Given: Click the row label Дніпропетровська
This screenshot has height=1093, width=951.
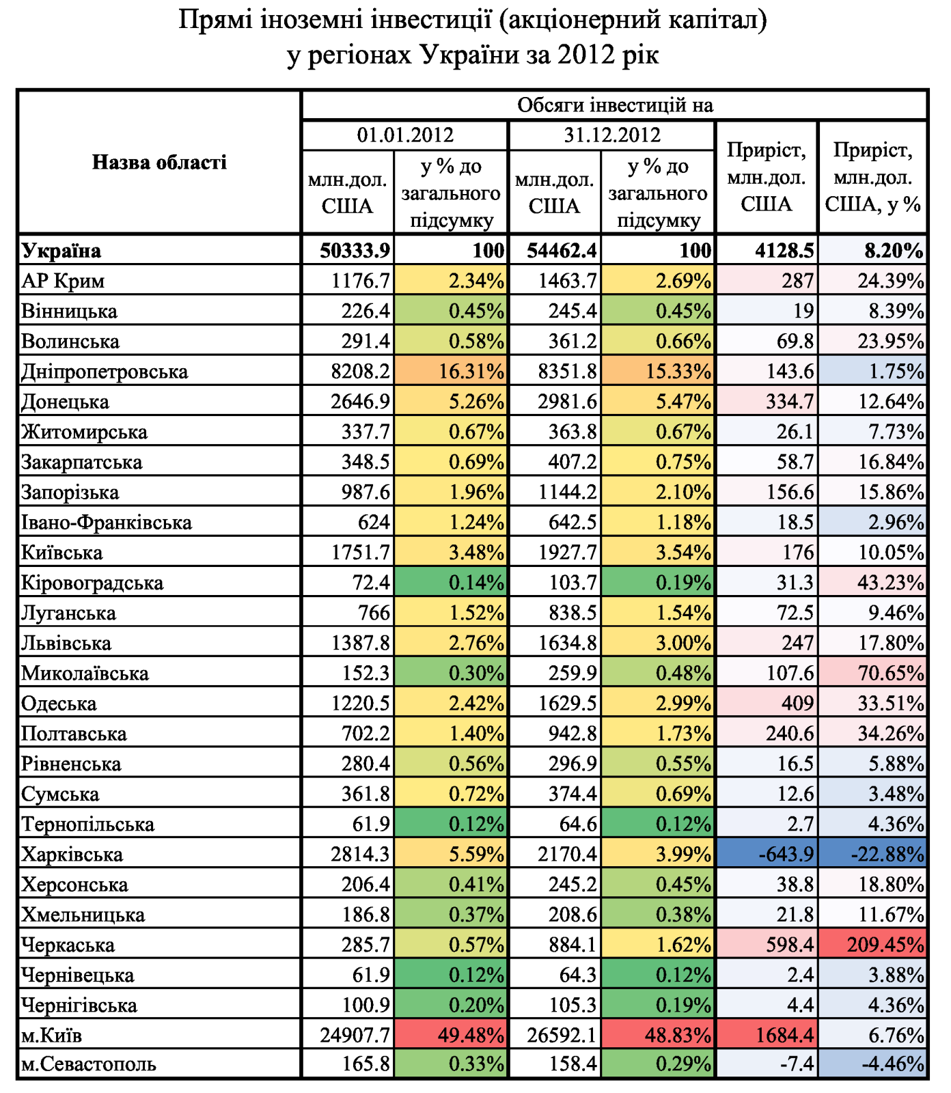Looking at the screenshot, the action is (x=105, y=372).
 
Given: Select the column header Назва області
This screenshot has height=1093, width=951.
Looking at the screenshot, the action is (x=159, y=162).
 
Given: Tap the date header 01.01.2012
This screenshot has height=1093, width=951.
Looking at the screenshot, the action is (x=405, y=135).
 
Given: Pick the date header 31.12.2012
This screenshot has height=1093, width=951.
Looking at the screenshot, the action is (x=612, y=135).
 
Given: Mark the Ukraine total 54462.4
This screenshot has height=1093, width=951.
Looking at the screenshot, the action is (x=562, y=251).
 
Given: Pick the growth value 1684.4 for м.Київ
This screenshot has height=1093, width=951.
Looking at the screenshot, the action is (x=785, y=1036).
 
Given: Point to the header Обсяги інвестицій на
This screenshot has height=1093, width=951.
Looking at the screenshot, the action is (x=615, y=105).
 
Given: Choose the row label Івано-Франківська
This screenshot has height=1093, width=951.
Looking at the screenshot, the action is (x=107, y=523).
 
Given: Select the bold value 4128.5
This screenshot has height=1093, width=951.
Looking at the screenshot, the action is (x=785, y=251).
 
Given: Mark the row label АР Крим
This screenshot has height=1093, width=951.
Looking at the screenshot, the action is (x=63, y=281).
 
